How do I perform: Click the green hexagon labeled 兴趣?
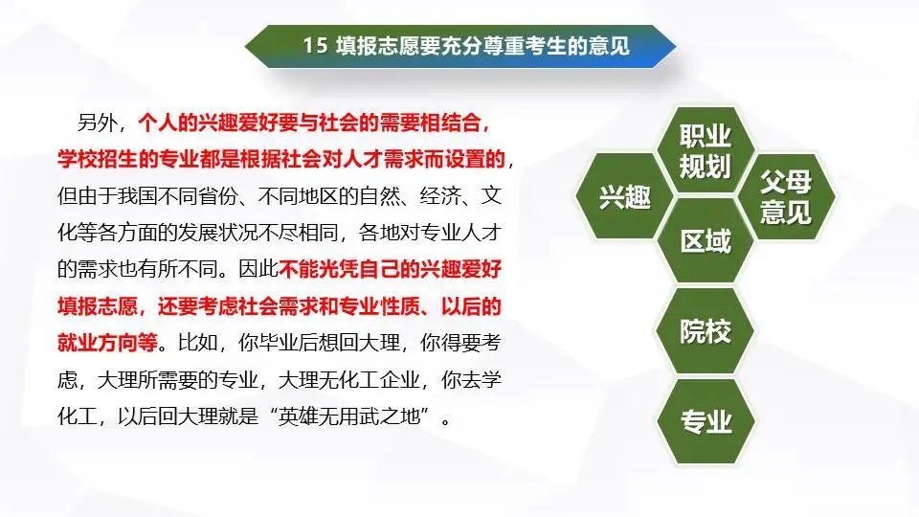pyautogui.click(x=623, y=195)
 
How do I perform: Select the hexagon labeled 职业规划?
pyautogui.click(x=706, y=150)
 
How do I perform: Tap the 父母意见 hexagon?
pyautogui.click(x=786, y=196)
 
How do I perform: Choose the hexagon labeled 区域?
pyautogui.click(x=706, y=241)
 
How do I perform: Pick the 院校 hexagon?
pyautogui.click(x=706, y=331)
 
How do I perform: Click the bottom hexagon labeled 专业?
pyautogui.click(x=706, y=421)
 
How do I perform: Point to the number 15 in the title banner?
pyautogui.click(x=315, y=46)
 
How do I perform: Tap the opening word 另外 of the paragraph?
pyautogui.click(x=97, y=124)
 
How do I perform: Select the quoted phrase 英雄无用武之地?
pyautogui.click(x=349, y=416)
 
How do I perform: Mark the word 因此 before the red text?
pyautogui.click(x=258, y=269)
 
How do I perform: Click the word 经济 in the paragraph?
pyautogui.click(x=439, y=196)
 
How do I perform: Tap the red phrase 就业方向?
pyautogui.click(x=98, y=343)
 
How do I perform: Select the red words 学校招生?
pyautogui.click(x=98, y=160)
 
